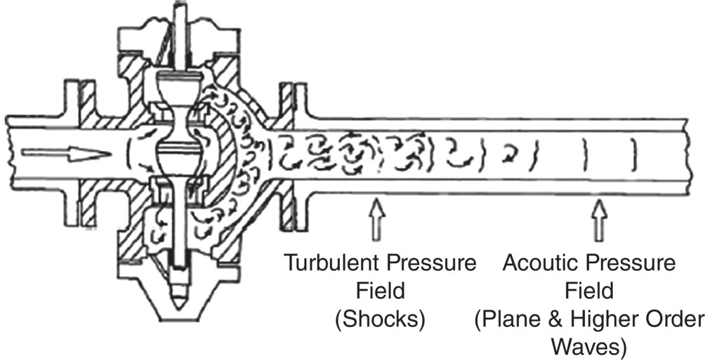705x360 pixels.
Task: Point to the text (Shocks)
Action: point(380,319)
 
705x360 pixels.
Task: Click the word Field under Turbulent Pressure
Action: point(380,291)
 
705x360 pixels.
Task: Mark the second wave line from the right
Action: point(584,154)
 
